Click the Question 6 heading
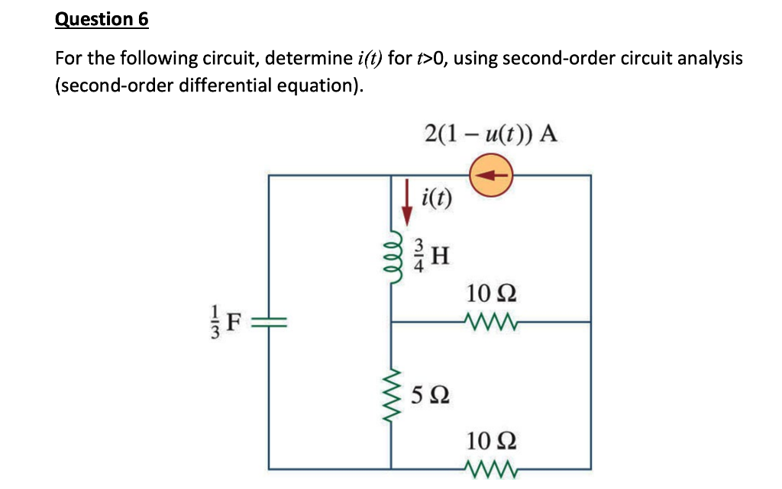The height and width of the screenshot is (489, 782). pyautogui.click(x=102, y=19)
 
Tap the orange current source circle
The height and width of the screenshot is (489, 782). pyautogui.click(x=492, y=175)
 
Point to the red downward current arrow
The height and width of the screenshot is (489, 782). pyautogui.click(x=406, y=201)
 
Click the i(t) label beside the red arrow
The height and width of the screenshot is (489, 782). pyautogui.click(x=437, y=200)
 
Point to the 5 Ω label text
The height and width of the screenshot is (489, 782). pyautogui.click(x=429, y=396)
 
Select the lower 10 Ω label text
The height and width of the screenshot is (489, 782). pyautogui.click(x=490, y=440)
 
